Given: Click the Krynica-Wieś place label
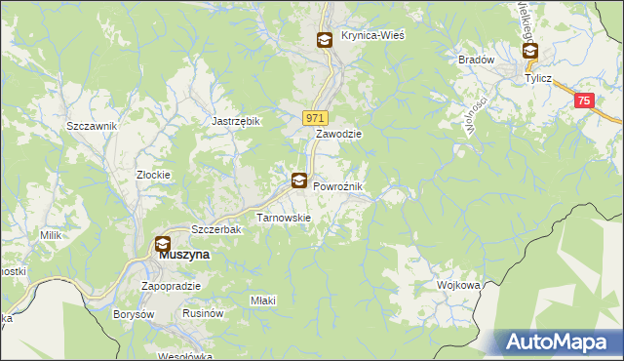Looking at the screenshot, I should click(x=372, y=35).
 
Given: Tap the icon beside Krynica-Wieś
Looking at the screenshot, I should click(x=324, y=40).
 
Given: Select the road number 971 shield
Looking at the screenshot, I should click(x=314, y=117).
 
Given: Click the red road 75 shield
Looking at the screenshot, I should click(x=583, y=100).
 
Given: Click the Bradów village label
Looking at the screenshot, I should click(x=477, y=60).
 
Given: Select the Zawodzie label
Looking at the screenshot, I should click(x=338, y=135).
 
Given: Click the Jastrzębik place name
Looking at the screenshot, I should click(x=236, y=121).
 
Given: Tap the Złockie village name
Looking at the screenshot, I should click(x=153, y=176).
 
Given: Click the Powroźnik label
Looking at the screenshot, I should click(x=337, y=186).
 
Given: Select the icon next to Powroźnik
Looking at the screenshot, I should click(x=299, y=180).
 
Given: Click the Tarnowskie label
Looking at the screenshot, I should click(x=283, y=218).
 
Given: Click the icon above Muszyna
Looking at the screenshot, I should click(x=162, y=245).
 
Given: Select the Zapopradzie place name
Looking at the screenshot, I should click(x=171, y=286).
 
